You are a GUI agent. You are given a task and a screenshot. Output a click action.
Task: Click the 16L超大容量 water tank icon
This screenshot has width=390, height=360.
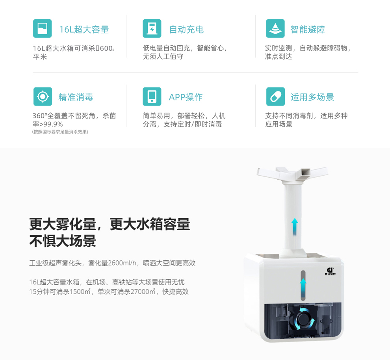(x=42, y=29)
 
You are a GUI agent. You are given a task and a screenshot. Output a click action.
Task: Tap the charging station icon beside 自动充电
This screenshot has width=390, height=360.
(x=152, y=29)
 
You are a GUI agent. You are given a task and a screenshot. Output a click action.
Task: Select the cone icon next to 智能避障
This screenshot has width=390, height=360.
(x=275, y=29)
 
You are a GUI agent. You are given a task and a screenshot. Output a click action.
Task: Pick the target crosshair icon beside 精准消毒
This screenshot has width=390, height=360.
(x=43, y=96)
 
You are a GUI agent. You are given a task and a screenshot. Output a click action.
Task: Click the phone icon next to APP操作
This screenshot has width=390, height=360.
(x=152, y=96)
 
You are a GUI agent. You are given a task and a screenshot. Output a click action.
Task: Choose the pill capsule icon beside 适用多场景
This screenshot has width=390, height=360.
(x=275, y=96)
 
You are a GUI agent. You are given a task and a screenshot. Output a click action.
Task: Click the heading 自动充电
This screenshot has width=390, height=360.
(x=187, y=30)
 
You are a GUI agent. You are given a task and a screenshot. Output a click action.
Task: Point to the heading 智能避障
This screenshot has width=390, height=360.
(x=308, y=30)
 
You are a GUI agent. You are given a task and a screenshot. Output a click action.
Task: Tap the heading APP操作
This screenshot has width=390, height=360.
(x=186, y=97)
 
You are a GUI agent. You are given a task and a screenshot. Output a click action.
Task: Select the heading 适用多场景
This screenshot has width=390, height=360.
(x=312, y=97)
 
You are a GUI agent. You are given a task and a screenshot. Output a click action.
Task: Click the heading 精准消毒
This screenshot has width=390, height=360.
(x=76, y=97)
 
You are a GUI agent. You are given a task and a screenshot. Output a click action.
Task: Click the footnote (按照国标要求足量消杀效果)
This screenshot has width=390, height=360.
(x=60, y=132)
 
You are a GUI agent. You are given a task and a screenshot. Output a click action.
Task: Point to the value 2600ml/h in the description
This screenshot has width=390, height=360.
(x=123, y=263)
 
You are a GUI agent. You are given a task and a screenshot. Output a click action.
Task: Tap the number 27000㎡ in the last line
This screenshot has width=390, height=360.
(x=143, y=291)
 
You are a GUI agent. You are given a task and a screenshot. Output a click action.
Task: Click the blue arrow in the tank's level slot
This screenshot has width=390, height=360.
(x=303, y=288)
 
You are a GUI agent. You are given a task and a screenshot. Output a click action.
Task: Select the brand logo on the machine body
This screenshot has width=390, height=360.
(x=330, y=271)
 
